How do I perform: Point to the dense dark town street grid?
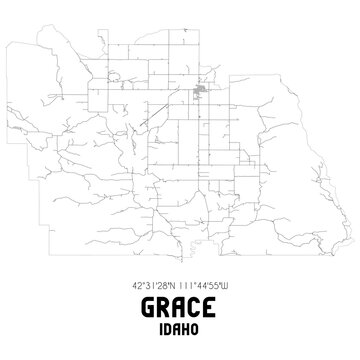200,94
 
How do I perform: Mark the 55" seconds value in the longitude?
222,282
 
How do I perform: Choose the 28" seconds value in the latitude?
163,282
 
